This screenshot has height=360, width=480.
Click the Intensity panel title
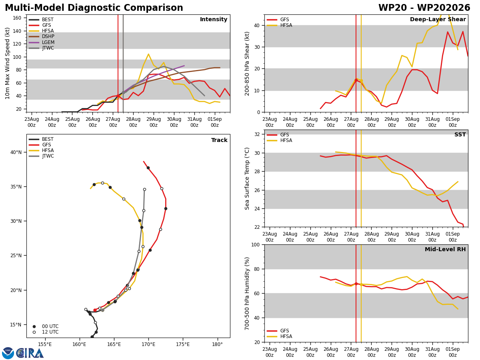(214, 19)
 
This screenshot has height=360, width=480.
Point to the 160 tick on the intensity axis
(17, 18)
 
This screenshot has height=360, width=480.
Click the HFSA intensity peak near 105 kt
(148, 54)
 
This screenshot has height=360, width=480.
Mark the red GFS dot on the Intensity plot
(118, 96)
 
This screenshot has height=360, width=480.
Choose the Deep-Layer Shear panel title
(438, 19)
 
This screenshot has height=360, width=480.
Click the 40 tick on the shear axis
(257, 25)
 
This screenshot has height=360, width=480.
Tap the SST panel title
(460, 134)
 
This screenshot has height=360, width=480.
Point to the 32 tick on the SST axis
(257, 134)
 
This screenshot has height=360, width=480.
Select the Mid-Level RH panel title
(445, 249)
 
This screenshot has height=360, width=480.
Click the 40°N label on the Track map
(16, 152)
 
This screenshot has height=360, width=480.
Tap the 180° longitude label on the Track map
(217, 344)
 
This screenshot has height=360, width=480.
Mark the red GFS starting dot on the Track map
(95, 310)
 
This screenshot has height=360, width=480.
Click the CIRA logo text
(30, 353)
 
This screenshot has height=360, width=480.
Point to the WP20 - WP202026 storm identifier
(424, 8)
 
